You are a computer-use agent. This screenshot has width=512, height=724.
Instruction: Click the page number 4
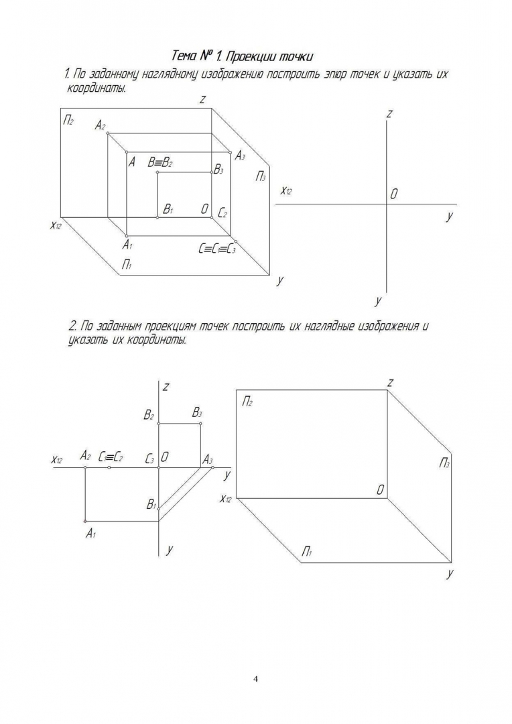point(256,678)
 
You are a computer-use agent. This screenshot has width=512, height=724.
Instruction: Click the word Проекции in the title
point(253,54)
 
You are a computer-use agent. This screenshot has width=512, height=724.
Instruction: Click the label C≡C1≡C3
point(216,249)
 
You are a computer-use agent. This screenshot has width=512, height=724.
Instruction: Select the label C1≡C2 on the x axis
point(110,457)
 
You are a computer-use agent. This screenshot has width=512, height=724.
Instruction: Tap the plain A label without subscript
point(132,162)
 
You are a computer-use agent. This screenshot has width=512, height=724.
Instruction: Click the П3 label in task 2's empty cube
point(444,463)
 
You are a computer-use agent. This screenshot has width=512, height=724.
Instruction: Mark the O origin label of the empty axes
point(394,194)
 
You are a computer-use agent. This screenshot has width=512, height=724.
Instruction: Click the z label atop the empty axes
point(389,114)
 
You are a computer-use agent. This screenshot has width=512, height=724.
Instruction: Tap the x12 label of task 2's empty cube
point(225,499)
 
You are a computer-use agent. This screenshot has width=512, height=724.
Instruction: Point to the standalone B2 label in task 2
point(149,416)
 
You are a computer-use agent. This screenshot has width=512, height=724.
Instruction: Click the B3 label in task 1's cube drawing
point(218,170)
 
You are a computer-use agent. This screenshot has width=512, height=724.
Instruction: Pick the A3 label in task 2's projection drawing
point(207,459)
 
